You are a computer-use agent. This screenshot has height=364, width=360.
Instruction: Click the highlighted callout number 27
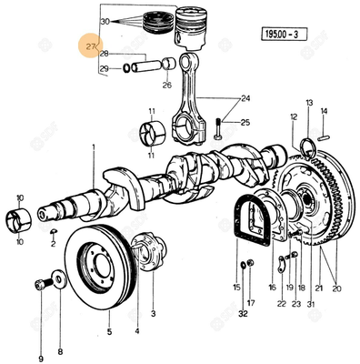91,45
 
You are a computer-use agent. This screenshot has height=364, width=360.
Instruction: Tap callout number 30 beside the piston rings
105,20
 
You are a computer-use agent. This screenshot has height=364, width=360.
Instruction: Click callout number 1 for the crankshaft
93,158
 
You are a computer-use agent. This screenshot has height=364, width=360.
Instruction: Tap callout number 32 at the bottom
243,313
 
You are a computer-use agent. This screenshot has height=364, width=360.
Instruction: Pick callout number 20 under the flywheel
336,288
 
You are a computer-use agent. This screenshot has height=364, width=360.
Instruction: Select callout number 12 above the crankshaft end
293,117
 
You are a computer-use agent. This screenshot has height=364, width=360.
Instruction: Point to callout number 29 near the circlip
105,68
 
